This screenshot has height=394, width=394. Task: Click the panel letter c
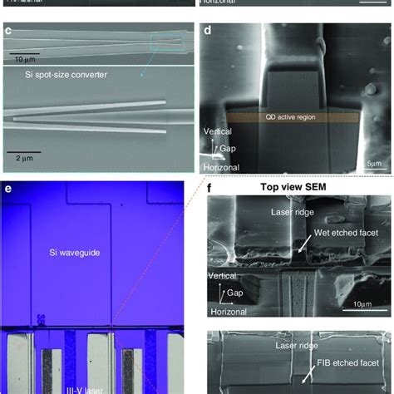(7, 32)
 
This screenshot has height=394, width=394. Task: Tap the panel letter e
(7, 189)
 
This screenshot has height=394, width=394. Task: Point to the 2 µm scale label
(19, 155)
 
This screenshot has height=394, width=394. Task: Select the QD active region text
(294, 118)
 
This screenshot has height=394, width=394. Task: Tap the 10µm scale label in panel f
(366, 305)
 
